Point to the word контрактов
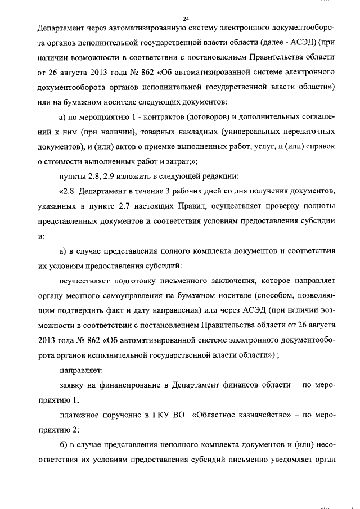click(x=158, y=116)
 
